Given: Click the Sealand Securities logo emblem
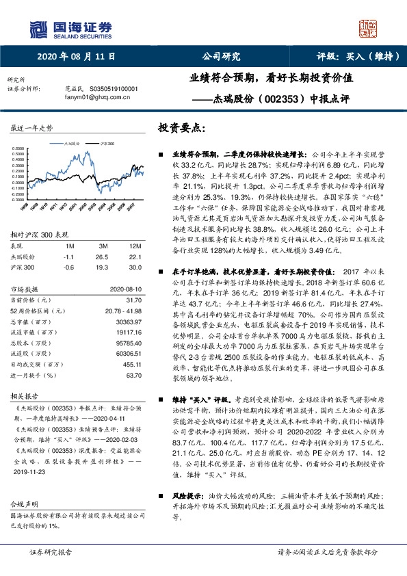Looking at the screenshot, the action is [x=38, y=28].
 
